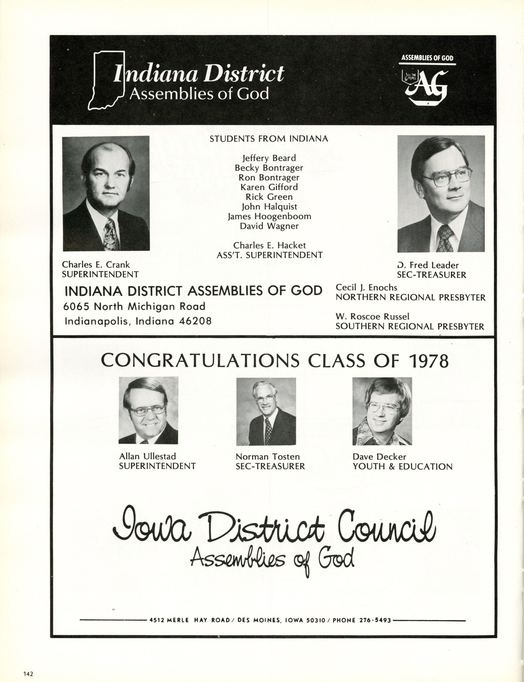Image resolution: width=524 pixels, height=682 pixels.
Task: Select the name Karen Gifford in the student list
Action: tap(269, 187)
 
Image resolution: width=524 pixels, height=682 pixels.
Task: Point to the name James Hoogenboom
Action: tap(269, 216)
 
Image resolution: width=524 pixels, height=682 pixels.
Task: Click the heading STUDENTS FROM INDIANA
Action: tap(269, 139)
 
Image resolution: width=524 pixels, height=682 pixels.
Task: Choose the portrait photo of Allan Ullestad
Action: tap(148, 410)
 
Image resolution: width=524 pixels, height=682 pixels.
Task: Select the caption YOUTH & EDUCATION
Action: tap(402, 467)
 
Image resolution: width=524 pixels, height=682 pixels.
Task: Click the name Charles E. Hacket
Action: tap(269, 246)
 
